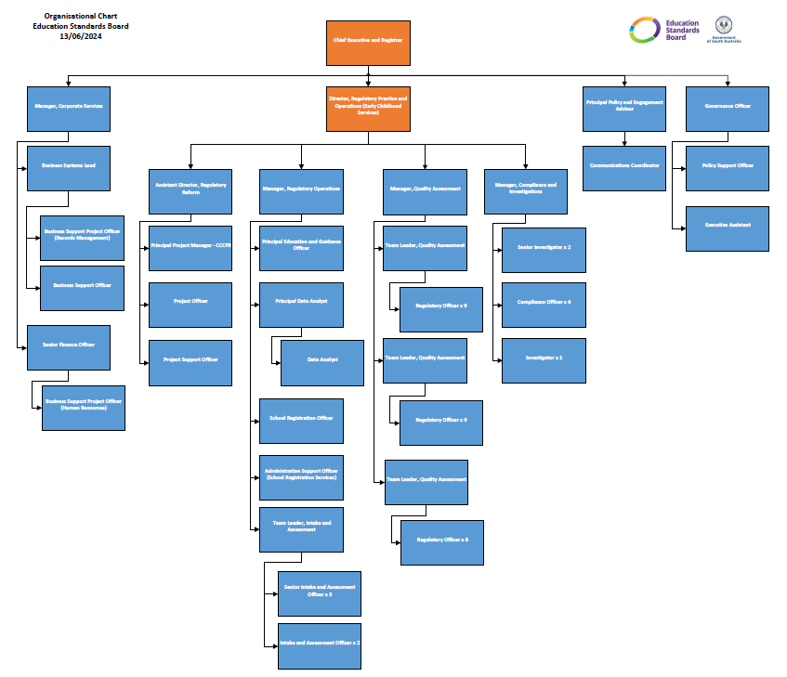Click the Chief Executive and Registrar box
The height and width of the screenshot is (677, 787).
368,42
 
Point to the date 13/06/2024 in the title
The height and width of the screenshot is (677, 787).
81,36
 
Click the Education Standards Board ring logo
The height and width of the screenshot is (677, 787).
645,30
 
